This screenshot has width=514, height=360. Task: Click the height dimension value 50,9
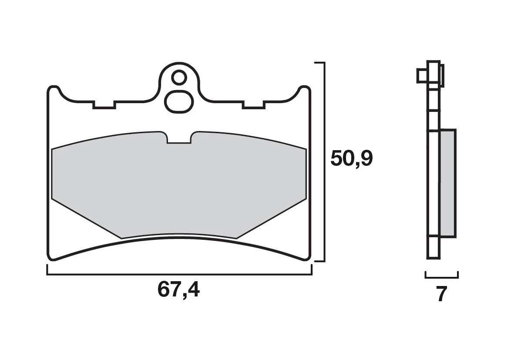point(351,159)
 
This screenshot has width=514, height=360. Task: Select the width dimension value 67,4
point(178,290)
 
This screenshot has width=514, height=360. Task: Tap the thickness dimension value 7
point(441,295)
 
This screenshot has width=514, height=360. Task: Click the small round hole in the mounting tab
point(178,78)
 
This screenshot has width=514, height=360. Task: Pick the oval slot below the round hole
point(178,101)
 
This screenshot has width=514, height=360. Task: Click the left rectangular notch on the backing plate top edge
point(104,104)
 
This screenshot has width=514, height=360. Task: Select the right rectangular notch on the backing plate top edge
point(254,104)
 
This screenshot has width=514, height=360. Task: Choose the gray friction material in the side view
point(448,183)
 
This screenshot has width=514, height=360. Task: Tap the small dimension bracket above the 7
point(441,276)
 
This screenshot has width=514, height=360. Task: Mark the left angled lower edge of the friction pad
point(85,218)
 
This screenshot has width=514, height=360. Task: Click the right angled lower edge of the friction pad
point(272,218)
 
